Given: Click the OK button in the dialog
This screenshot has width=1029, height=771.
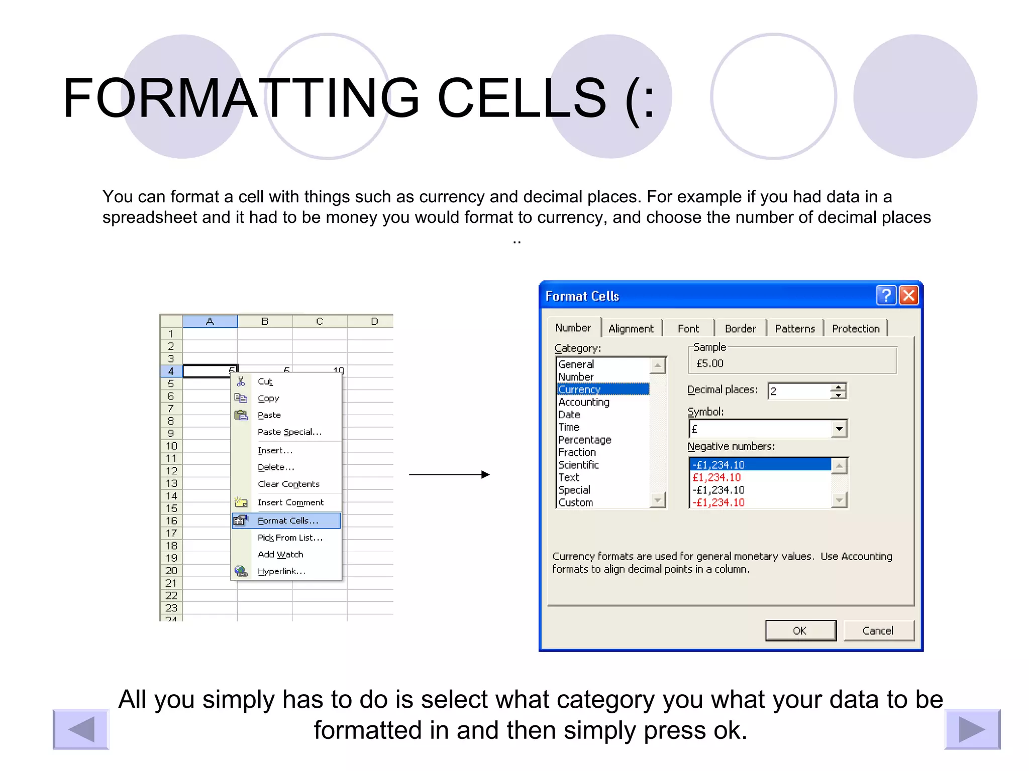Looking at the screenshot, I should click(x=800, y=630).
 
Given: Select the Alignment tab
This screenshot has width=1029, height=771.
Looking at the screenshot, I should click(x=631, y=329).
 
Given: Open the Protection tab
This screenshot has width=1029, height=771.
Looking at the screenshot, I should click(x=855, y=329).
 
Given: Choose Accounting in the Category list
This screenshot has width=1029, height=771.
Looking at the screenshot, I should click(x=583, y=402).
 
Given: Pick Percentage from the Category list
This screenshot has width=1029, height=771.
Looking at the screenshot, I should click(x=584, y=440).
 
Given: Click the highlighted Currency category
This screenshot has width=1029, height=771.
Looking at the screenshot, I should click(x=579, y=390).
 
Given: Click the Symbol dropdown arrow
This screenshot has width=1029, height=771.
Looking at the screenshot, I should click(x=839, y=429).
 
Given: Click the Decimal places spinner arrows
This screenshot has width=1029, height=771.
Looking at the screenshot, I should click(x=838, y=391).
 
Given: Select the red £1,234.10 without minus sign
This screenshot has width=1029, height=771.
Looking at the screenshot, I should click(x=716, y=477).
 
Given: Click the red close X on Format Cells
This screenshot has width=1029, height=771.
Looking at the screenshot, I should click(x=909, y=295).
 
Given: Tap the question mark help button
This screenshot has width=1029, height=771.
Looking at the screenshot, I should click(x=886, y=295).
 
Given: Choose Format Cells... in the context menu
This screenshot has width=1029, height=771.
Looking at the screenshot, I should click(x=287, y=521).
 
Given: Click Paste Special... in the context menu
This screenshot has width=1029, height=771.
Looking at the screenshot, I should click(x=289, y=432).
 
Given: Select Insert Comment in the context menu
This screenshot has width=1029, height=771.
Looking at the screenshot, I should click(x=290, y=502).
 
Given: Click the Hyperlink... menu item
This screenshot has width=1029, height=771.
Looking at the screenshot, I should click(x=281, y=571).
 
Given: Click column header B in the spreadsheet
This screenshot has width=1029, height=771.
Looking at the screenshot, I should click(x=265, y=321).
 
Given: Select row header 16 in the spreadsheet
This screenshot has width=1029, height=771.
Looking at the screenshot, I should click(x=171, y=521).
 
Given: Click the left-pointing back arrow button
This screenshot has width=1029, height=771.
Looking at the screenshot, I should click(x=81, y=729).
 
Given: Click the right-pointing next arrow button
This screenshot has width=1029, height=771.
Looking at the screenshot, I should click(x=972, y=729).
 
